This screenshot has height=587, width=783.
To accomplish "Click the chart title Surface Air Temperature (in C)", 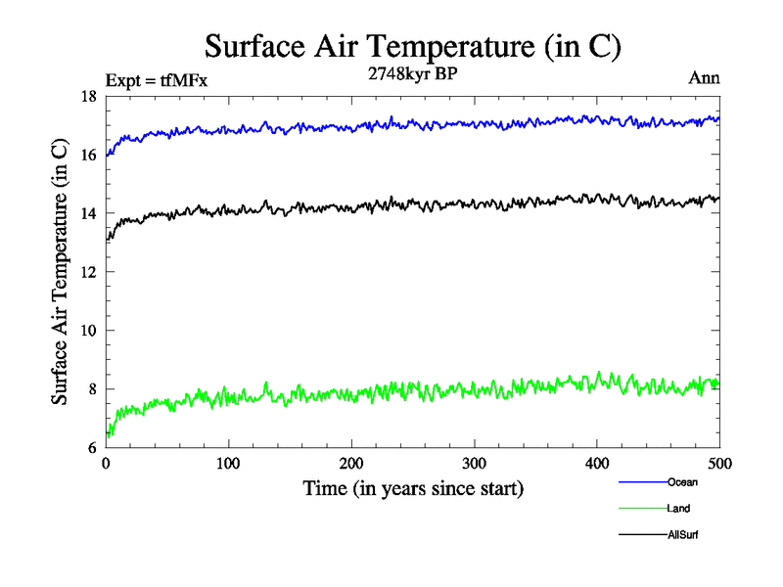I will point(412,46).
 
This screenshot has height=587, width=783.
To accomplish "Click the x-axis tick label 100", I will point(228,464).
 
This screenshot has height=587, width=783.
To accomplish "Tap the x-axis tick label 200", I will point(351,464).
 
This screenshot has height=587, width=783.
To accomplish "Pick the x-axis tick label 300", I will point(474,464).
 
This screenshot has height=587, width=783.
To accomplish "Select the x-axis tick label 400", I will point(597,464).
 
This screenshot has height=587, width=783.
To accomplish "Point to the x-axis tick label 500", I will point(719,464).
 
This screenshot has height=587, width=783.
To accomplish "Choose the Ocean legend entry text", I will point(682,482).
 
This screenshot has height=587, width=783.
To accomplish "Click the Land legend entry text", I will point(679,509).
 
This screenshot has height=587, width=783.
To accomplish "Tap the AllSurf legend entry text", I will point(682,535).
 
